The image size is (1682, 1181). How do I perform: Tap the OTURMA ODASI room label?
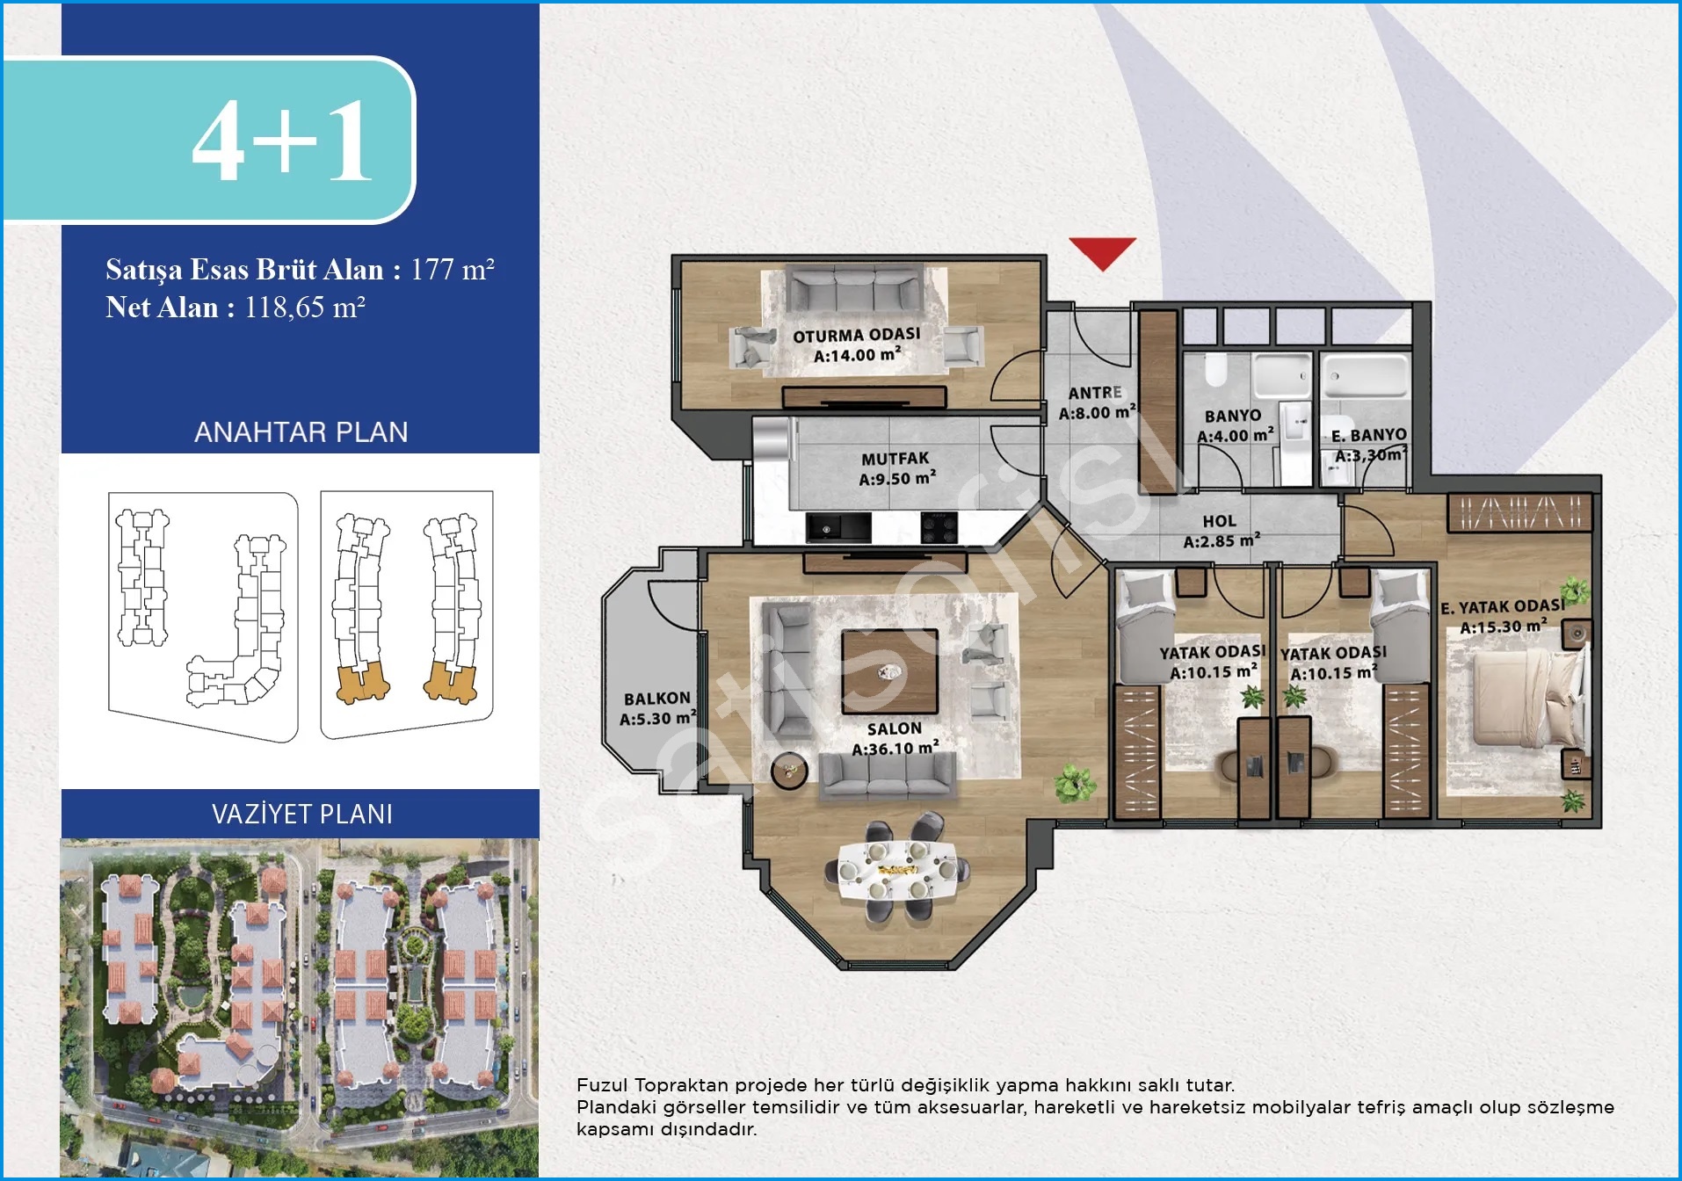coord(857,335)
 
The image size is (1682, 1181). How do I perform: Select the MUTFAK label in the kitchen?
coord(895,459)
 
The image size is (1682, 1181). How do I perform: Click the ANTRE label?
coord(1095,393)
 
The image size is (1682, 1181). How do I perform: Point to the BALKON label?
coord(657,699)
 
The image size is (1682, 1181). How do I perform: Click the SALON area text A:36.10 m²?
coord(895,749)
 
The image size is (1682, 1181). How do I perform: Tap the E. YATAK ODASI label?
coord(1503,606)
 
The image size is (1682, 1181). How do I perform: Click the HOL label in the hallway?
coord(1219,521)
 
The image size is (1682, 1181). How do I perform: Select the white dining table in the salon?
coord(896,871)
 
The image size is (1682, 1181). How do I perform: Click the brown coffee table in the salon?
coord(889,671)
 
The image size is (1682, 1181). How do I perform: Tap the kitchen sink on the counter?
coord(838,528)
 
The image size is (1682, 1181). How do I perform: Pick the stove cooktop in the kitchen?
coord(939,528)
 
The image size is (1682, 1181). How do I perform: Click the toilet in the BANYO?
coord(1215,371)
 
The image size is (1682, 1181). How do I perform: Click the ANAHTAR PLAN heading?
coord(301,432)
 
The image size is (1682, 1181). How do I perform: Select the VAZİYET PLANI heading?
coord(302,814)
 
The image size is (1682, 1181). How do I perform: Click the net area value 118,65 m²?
coord(305,308)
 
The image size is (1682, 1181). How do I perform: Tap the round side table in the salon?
coord(789,771)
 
